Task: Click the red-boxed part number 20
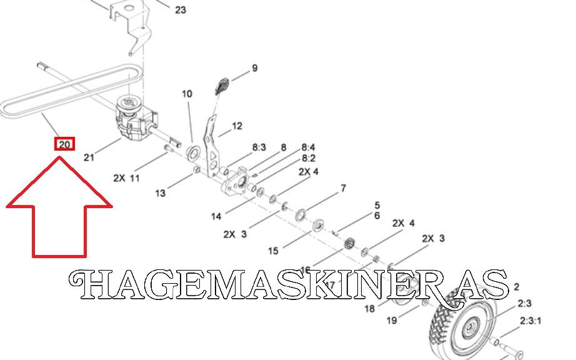coord(65,144)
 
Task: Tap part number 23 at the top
coord(181,10)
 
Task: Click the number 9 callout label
coord(254,68)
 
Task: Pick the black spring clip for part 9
coord(222,86)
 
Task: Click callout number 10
coord(187,94)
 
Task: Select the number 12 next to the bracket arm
coord(237,126)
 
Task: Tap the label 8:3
coord(259,148)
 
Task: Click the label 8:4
coord(308,147)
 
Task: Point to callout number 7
coord(343,187)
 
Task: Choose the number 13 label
coord(161,193)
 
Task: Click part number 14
coord(216,217)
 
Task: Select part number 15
coord(273,251)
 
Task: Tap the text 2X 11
coord(126,177)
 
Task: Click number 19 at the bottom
coord(391,321)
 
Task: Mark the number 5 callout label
coord(377,204)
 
